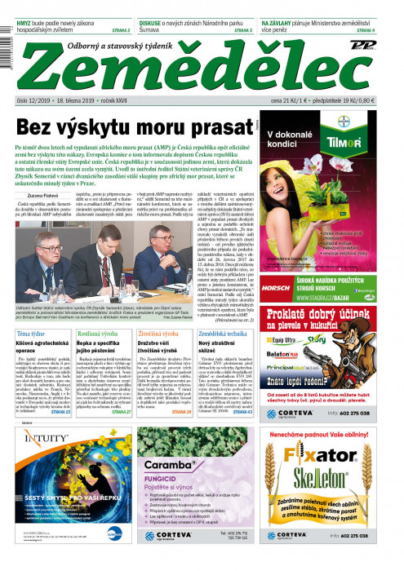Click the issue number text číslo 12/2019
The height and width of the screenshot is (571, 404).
[x=33, y=100]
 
